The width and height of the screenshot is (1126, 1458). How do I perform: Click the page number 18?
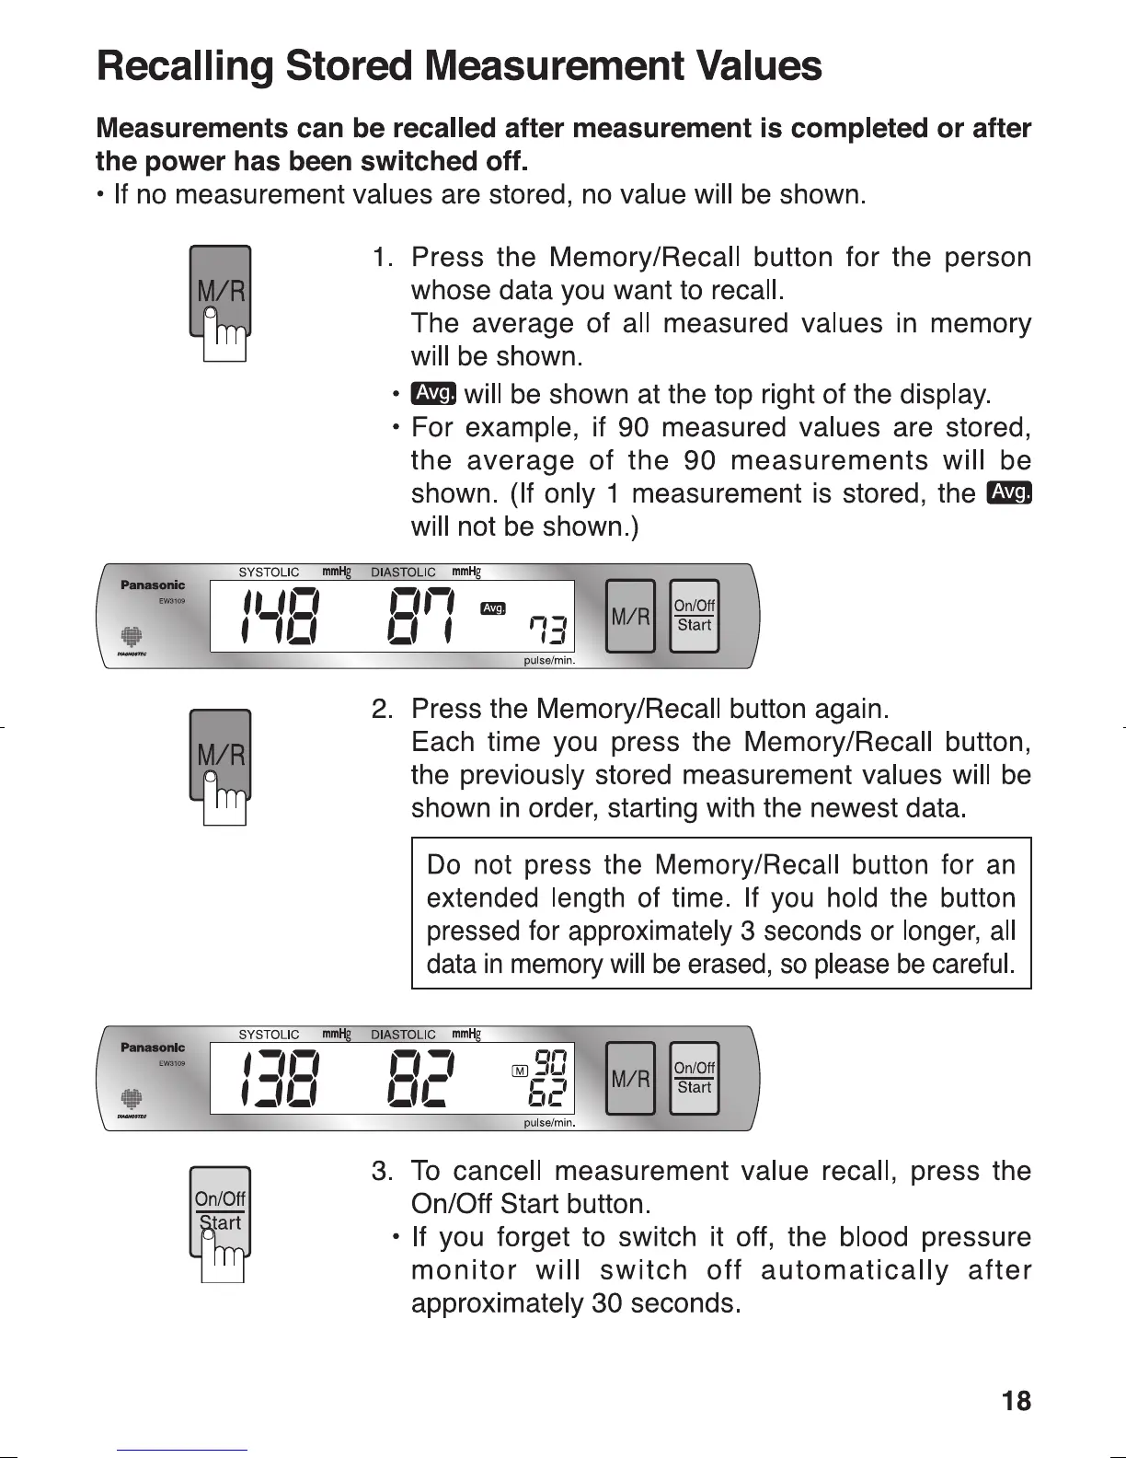[x=1016, y=1401]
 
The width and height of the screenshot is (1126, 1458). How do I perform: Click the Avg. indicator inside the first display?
[x=494, y=608]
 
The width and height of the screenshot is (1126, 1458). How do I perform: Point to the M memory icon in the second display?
[x=520, y=1069]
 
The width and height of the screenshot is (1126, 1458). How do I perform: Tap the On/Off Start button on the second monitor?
[x=694, y=1078]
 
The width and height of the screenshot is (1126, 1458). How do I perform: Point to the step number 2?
[x=383, y=710]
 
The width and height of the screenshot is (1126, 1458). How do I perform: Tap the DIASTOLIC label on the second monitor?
[x=403, y=1035]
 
